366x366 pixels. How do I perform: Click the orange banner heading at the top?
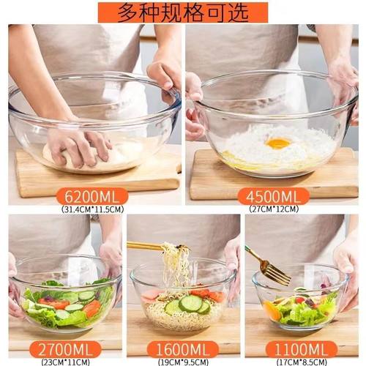[183, 12]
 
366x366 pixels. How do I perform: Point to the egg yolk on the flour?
[279, 143]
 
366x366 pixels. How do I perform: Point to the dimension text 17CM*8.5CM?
[301, 360]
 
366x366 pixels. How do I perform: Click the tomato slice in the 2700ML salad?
[91, 308]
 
